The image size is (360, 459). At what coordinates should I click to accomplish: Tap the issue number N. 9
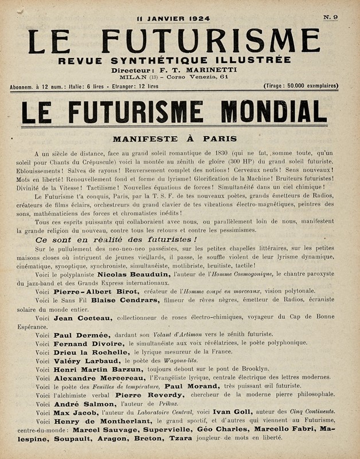[x=330, y=17]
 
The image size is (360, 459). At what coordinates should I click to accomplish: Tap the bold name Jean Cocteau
[x=83, y=318]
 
